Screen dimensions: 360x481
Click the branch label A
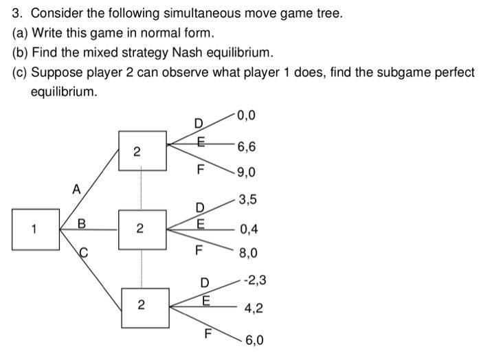coord(77,188)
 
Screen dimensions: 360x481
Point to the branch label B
coord(82,223)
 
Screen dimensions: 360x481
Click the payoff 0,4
coord(249,229)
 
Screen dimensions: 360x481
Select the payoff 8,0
coord(247,254)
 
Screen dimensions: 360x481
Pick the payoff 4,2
coord(253,309)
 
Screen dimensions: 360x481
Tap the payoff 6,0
coord(254,340)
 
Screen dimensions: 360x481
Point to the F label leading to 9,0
coord(201,168)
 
